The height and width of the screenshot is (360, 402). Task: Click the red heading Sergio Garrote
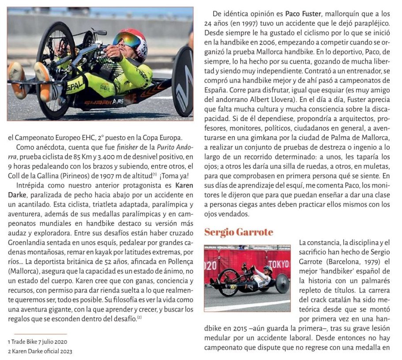[x=239, y=232]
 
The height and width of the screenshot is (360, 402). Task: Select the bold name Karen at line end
[x=184, y=185]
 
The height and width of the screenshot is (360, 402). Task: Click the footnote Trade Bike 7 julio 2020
[x=38, y=341]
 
